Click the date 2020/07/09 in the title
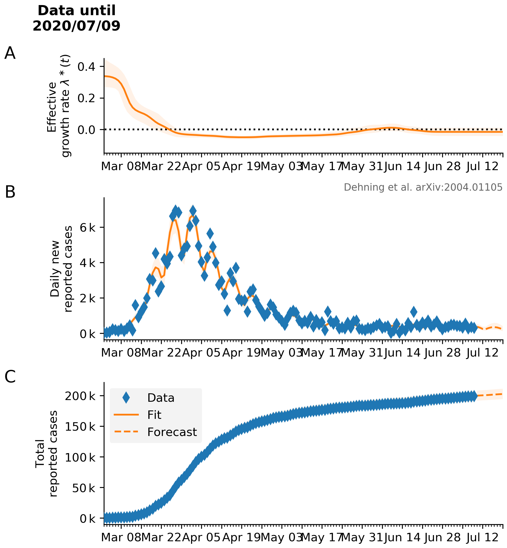(x=76, y=26)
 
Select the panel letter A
(x=10, y=53)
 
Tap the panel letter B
(x=10, y=192)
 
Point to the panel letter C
(x=10, y=377)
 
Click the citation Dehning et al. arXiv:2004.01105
(x=423, y=187)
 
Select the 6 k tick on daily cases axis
(x=88, y=227)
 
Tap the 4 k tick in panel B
(x=88, y=263)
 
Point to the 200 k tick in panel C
(x=80, y=396)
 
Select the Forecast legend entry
(x=172, y=432)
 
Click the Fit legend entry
(x=154, y=415)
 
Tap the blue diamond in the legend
(x=126, y=398)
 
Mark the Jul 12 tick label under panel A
(x=483, y=166)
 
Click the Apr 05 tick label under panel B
(x=201, y=353)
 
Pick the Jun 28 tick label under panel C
(x=442, y=537)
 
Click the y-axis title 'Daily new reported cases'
(x=61, y=269)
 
